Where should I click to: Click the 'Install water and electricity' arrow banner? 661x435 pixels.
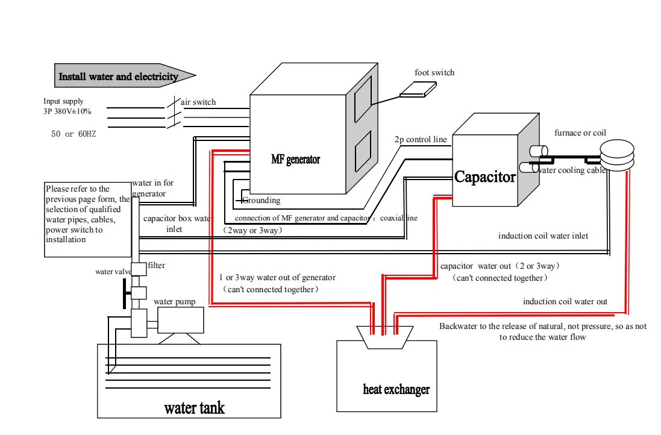point(125,76)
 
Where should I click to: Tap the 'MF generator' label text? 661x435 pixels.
point(295,159)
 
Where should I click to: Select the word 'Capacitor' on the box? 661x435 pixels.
point(485,177)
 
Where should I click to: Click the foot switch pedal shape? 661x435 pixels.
point(418,89)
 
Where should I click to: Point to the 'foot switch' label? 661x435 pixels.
point(434,72)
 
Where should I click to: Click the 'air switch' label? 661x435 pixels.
point(198,102)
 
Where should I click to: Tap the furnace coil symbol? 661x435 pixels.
point(617,155)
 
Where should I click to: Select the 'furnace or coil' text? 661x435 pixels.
point(580,133)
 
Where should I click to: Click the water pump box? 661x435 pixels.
point(180,320)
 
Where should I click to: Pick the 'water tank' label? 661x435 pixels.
point(195,408)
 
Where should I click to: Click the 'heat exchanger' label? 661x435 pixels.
point(396,389)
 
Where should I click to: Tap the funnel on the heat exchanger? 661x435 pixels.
point(385,337)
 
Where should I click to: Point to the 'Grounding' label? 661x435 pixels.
point(262,200)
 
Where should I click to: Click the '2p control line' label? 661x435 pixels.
point(421,140)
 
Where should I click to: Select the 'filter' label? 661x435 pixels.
point(157,265)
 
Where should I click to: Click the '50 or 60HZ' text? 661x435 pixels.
point(74,134)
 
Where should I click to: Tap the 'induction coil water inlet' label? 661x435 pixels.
point(543,236)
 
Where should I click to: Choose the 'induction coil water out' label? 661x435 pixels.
point(565,301)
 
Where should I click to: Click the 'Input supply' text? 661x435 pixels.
point(63,101)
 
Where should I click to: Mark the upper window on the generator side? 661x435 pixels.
point(363,99)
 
